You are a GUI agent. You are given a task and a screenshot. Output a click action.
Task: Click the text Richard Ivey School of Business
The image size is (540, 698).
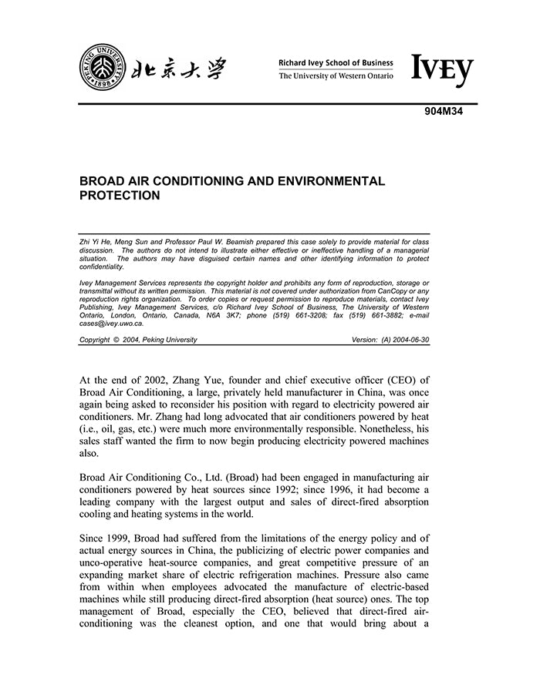336,62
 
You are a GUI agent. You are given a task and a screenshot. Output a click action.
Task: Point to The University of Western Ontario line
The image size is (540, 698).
336,76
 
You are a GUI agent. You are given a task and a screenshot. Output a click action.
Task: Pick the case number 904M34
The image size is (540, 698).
442,112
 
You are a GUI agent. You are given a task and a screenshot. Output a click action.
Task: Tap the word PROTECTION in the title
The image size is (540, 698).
120,196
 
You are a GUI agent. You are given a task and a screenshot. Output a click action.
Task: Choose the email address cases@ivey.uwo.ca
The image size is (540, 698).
111,324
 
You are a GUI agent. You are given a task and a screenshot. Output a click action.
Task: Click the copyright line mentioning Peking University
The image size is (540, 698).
138,340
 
